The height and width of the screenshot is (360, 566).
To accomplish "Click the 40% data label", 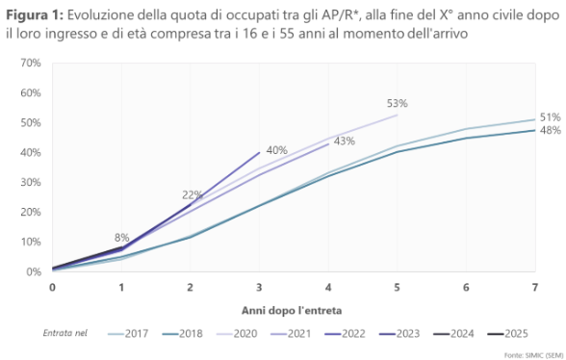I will [277, 150].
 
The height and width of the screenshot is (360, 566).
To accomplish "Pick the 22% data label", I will [193, 195].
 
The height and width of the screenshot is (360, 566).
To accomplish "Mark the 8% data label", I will [122, 237].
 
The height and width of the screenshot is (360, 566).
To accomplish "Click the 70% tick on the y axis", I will [29, 63].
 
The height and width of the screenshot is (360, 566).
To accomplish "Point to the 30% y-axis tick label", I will [29, 182].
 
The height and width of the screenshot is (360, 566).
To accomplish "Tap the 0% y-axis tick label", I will [32, 271].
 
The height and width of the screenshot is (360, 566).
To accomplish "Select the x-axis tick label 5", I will [398, 288].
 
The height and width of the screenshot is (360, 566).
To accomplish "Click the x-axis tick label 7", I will [535, 288].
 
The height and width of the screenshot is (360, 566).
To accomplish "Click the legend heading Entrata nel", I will [65, 333].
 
